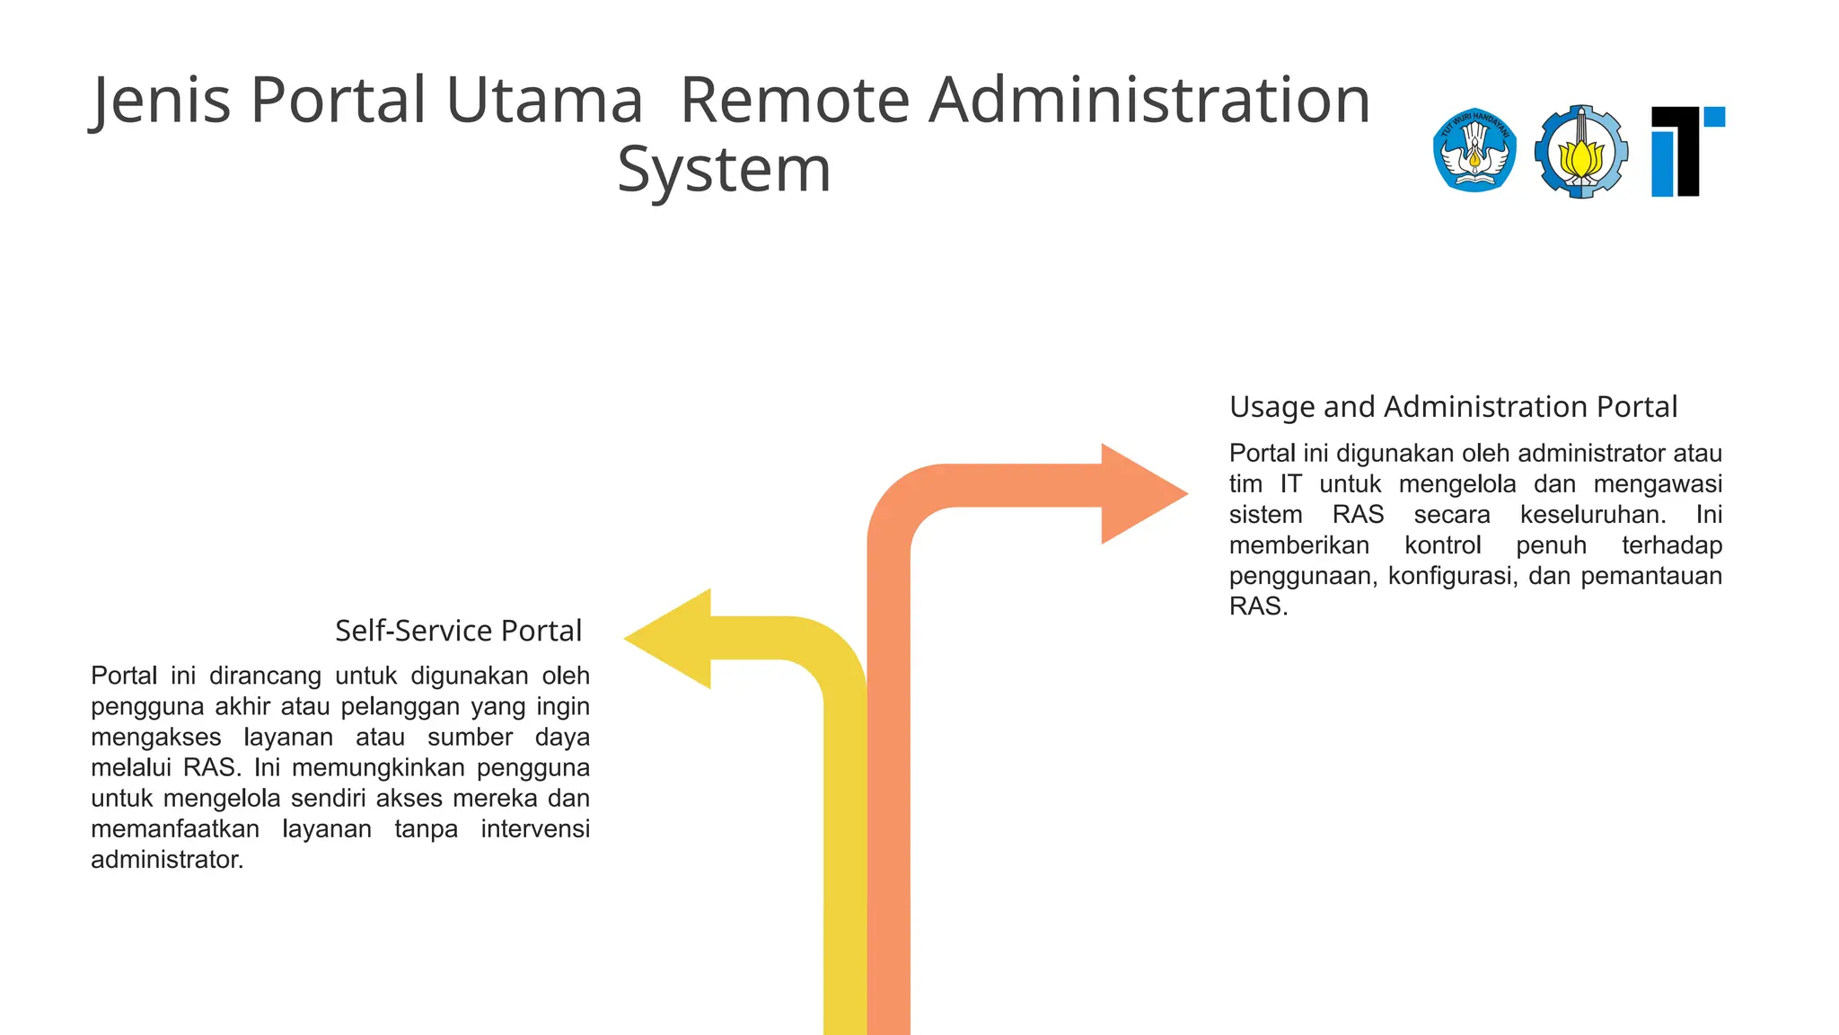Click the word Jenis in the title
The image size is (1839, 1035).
(162, 101)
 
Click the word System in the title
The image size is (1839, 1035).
(724, 171)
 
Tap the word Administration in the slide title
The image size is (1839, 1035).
(1149, 101)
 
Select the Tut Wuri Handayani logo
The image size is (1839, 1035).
(1474, 151)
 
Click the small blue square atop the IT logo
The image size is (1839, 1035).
(1714, 117)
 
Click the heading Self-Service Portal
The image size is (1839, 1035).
(458, 631)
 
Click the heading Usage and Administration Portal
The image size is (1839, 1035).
(1453, 407)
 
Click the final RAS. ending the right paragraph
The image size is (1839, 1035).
(1258, 606)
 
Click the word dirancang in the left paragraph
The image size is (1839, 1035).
(265, 676)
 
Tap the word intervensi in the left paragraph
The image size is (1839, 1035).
(534, 829)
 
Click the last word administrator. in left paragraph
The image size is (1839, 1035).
(167, 860)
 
